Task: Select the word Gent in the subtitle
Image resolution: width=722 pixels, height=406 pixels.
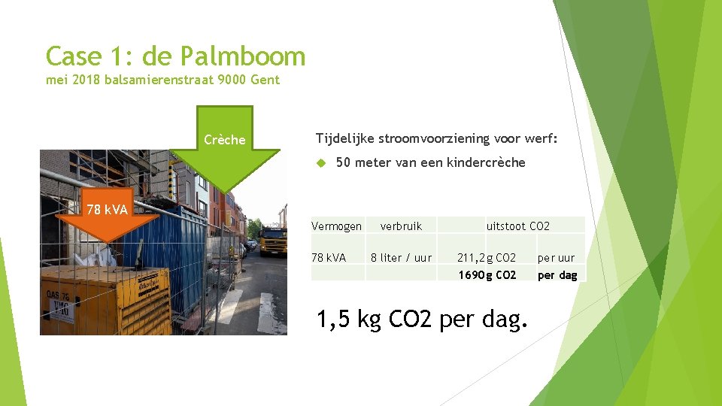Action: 266,80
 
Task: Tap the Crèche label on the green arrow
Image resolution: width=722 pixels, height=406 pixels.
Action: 224,140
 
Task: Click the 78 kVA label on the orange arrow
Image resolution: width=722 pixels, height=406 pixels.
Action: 107,209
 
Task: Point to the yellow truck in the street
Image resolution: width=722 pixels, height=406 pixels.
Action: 272,240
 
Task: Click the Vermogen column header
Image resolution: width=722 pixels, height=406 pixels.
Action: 336,226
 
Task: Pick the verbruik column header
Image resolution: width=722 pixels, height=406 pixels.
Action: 401,226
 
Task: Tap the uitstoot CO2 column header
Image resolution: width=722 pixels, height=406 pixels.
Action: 517,226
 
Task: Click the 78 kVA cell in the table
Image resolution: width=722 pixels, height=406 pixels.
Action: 329,257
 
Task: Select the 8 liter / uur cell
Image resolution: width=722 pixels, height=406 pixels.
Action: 401,257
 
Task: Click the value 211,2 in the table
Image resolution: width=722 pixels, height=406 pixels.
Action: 471,257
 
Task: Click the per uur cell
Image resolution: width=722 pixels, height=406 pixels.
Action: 556,257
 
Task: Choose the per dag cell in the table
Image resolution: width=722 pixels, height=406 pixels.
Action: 557,275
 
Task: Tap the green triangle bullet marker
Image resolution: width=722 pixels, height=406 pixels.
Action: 320,162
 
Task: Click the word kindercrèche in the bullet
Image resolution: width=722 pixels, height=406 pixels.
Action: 486,162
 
